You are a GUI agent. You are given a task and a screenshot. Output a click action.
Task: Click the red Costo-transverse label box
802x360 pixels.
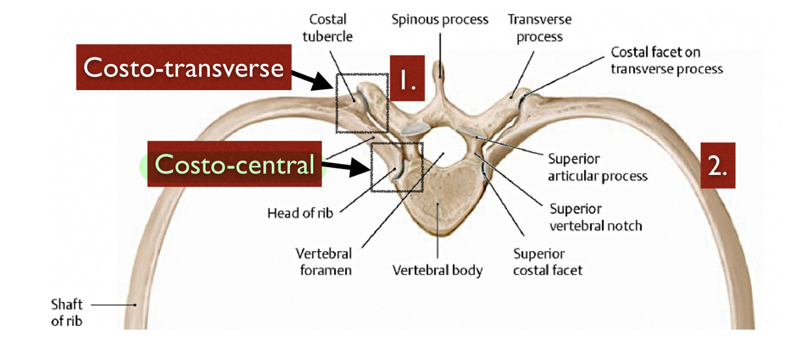184,67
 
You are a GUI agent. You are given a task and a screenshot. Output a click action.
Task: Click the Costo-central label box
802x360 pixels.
235,165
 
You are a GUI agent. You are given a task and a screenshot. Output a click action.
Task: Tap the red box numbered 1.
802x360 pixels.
408,78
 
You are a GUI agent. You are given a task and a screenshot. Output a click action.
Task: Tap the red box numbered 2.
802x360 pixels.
718,165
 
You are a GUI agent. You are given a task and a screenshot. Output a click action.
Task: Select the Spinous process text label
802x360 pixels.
439,20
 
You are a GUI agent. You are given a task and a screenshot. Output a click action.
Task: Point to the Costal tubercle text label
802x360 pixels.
328,28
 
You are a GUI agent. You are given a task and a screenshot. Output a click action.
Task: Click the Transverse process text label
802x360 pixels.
539,28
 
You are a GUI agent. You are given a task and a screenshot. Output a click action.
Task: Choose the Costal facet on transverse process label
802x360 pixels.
666,61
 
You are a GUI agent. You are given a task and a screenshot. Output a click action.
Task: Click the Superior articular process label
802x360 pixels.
597,168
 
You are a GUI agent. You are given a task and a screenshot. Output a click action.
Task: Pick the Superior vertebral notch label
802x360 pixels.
595,218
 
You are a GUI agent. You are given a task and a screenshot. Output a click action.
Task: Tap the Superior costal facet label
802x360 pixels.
547,262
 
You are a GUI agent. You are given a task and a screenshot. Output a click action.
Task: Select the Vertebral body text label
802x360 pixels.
437,270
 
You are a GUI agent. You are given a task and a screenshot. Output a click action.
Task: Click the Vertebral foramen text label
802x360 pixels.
323,262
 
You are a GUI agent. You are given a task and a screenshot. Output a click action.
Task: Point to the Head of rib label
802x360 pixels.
300,212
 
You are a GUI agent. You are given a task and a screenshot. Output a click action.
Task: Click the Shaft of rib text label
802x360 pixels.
67,313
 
